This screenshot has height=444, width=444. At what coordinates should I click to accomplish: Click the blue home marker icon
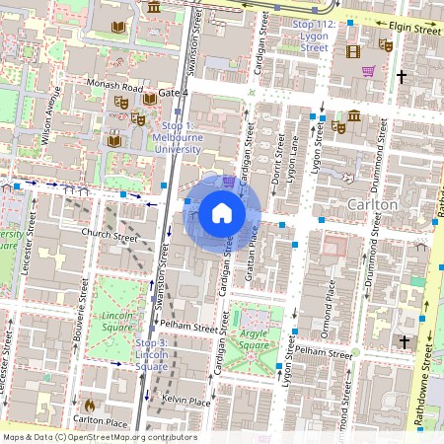[222, 213]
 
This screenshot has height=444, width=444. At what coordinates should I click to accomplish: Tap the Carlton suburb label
[373, 204]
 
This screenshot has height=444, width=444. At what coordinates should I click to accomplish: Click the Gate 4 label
[173, 93]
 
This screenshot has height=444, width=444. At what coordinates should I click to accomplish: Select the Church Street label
[110, 237]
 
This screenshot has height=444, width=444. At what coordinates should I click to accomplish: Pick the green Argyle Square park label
[254, 340]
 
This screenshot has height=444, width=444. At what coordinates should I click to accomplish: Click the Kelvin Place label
[186, 402]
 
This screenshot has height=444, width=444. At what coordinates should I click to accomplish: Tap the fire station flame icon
[90, 405]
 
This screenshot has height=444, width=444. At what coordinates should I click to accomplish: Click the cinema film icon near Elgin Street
[352, 50]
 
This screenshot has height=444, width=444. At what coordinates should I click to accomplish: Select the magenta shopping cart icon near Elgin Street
[369, 71]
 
